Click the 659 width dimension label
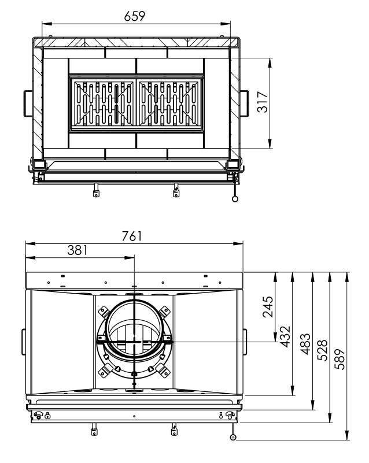pyautogui.click(x=134, y=16)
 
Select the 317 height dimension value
pyautogui.click(x=263, y=102)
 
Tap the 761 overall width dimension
pyautogui.click(x=132, y=236)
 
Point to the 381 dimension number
pyautogui.click(x=78, y=250)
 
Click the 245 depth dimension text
pyautogui.click(x=268, y=307)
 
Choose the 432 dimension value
pyautogui.click(x=285, y=336)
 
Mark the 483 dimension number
pyautogui.click(x=305, y=344)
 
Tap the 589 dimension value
pyautogui.click(x=340, y=359)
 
